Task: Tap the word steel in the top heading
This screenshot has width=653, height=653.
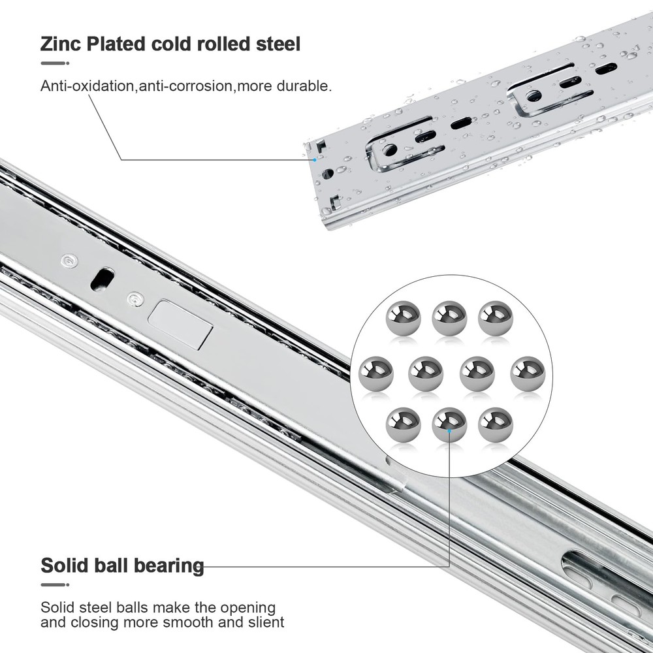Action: click(x=278, y=44)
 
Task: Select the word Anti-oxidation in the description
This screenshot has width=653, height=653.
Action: click(x=87, y=86)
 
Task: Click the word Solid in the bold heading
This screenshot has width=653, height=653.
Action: click(x=64, y=565)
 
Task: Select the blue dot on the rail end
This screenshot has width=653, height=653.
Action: click(x=315, y=160)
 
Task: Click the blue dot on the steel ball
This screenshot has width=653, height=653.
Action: click(x=449, y=430)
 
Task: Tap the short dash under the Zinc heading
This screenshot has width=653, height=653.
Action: click(x=55, y=63)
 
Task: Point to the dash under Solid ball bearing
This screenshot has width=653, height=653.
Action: click(x=55, y=584)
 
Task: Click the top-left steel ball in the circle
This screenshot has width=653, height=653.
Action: click(x=403, y=318)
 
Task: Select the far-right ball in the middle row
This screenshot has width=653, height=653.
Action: click(x=528, y=374)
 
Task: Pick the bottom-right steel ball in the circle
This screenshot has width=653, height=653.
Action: click(x=496, y=424)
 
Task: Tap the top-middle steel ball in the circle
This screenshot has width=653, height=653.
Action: click(x=449, y=318)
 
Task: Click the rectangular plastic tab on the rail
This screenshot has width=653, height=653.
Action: click(x=180, y=325)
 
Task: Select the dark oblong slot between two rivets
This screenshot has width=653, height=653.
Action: click(x=103, y=279)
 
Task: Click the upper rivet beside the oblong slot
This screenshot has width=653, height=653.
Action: click(x=70, y=262)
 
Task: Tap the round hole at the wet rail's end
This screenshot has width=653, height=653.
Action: click(x=328, y=173)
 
